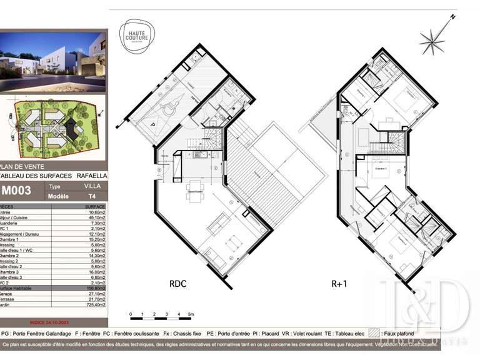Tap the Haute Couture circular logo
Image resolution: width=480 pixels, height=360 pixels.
pos(137,34)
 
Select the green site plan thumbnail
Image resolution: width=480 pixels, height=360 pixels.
pos(53,128)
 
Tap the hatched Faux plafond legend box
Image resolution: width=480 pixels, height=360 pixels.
pos(374,334)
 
